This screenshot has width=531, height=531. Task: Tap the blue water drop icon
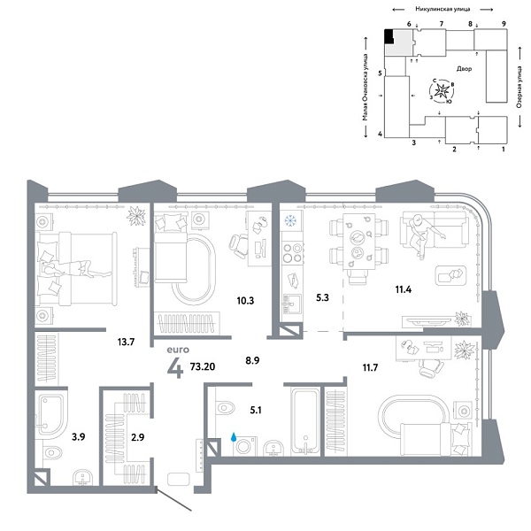[235, 436]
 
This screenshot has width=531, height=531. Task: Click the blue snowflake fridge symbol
[291, 220]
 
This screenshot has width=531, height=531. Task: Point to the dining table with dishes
[358, 245]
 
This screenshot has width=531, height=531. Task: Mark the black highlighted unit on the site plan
[389, 36]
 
